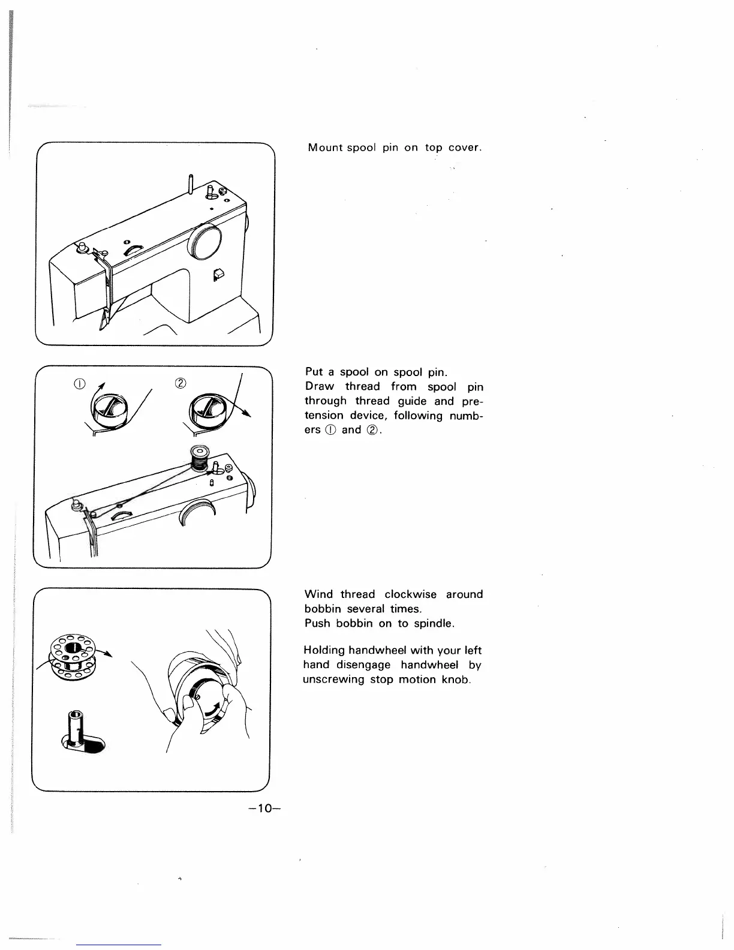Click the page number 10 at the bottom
pyautogui.click(x=264, y=809)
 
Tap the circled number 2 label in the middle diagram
pyautogui.click(x=179, y=383)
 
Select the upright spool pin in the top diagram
pyautogui.click(x=190, y=184)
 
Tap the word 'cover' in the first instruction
pyautogui.click(x=462, y=148)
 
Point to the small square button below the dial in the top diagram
pyautogui.click(x=218, y=274)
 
